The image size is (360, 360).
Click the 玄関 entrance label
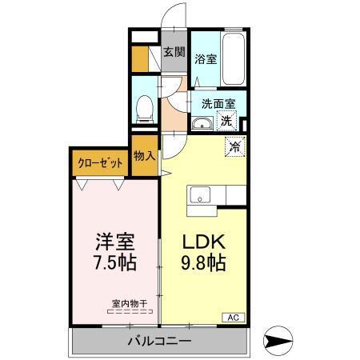point(174,53)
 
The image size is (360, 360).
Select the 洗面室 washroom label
point(217,103)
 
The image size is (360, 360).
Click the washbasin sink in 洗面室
point(201,123)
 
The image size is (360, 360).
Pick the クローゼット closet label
point(101,162)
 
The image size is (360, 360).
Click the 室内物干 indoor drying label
point(130,303)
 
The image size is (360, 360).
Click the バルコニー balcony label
point(160,342)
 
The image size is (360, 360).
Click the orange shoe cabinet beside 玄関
point(140,58)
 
